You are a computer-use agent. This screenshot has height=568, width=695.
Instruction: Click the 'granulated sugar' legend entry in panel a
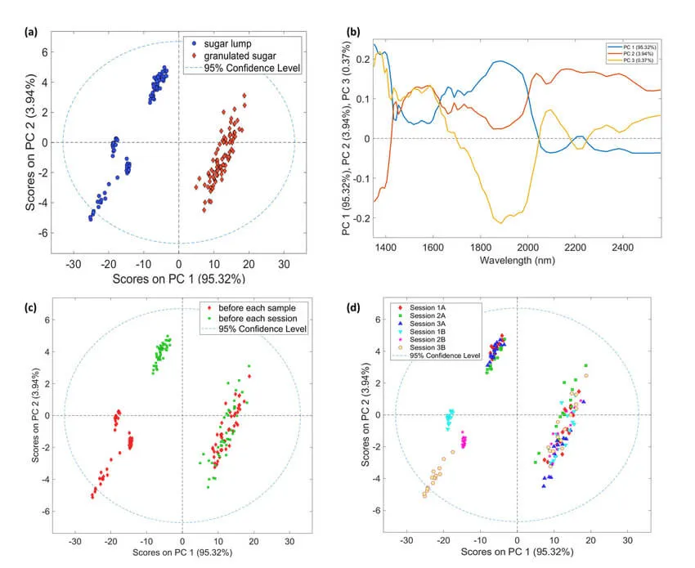238,54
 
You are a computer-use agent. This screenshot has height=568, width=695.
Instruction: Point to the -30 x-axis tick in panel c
75,542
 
